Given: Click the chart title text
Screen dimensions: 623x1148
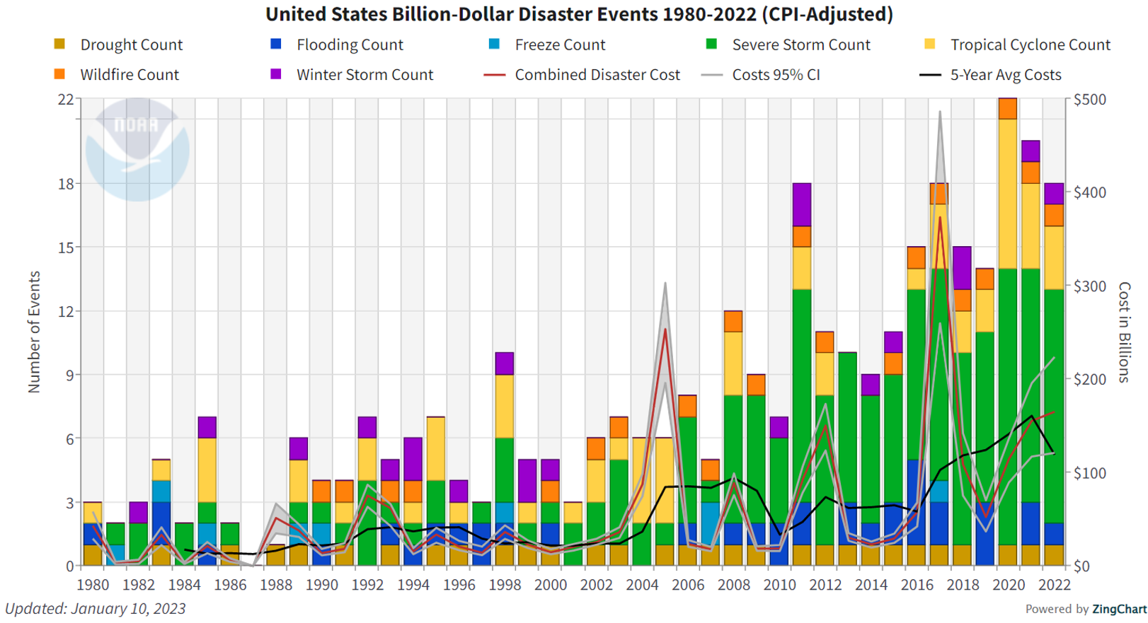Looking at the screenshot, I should coord(579,14).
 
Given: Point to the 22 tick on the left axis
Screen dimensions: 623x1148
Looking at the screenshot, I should coord(65,99).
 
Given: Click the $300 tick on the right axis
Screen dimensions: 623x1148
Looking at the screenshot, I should coord(1090,286).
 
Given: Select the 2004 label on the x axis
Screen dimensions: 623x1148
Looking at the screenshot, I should coord(642,585).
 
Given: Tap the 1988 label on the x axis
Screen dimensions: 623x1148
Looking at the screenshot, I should coord(275,585).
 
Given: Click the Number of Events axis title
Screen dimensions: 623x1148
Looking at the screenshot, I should coord(34,332).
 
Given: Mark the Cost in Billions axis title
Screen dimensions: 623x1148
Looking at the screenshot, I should coord(1124,332).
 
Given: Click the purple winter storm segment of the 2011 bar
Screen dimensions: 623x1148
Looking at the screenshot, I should coord(801,204).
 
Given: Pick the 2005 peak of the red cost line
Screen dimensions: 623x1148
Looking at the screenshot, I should coord(665,330).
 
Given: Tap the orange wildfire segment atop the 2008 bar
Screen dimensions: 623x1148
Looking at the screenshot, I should coord(733,321).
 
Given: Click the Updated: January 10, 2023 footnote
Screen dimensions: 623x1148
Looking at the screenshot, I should coord(96,608).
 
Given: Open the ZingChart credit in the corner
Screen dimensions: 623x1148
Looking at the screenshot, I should coord(1118,609).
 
